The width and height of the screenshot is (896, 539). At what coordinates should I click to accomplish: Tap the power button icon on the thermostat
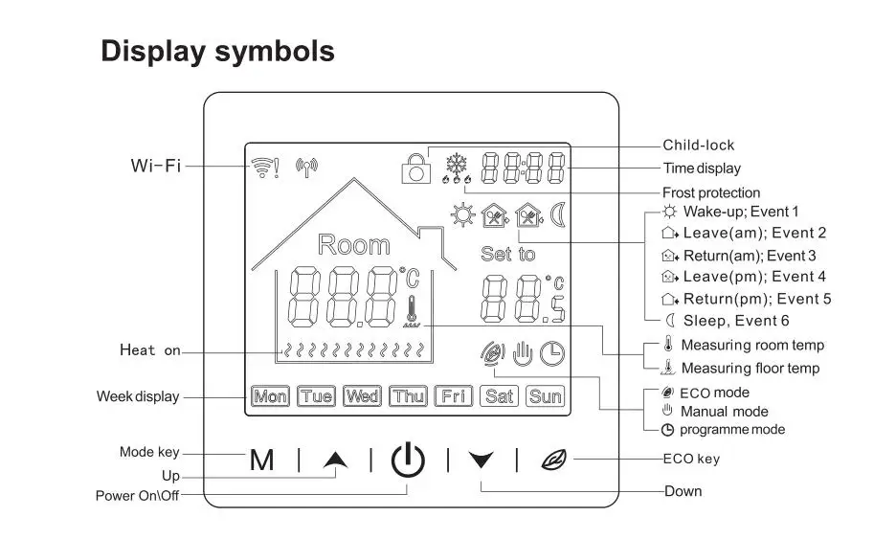tap(408, 460)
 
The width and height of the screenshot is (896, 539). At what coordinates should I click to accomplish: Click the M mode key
tap(261, 460)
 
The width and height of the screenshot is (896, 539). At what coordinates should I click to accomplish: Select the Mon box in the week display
tap(271, 396)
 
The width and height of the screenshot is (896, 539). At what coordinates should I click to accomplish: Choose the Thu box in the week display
tap(408, 396)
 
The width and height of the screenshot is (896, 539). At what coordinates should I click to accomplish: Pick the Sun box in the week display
tap(546, 396)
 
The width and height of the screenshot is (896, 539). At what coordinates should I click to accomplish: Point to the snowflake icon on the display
tap(459, 160)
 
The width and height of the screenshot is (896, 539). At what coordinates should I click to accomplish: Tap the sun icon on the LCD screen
tap(463, 215)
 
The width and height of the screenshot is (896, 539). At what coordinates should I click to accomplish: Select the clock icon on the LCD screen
tap(551, 354)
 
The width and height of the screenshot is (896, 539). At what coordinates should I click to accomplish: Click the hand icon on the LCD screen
tap(522, 354)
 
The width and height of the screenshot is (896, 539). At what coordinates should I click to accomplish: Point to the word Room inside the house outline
tap(353, 245)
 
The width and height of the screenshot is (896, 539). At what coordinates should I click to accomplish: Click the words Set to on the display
tap(507, 255)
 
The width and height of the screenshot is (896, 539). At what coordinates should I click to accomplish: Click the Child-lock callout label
tap(699, 146)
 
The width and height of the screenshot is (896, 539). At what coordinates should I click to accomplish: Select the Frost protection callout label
tap(711, 192)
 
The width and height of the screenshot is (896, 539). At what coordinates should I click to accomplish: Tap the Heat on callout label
tap(149, 350)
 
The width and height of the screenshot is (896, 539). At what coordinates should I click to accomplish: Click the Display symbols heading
tap(218, 51)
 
